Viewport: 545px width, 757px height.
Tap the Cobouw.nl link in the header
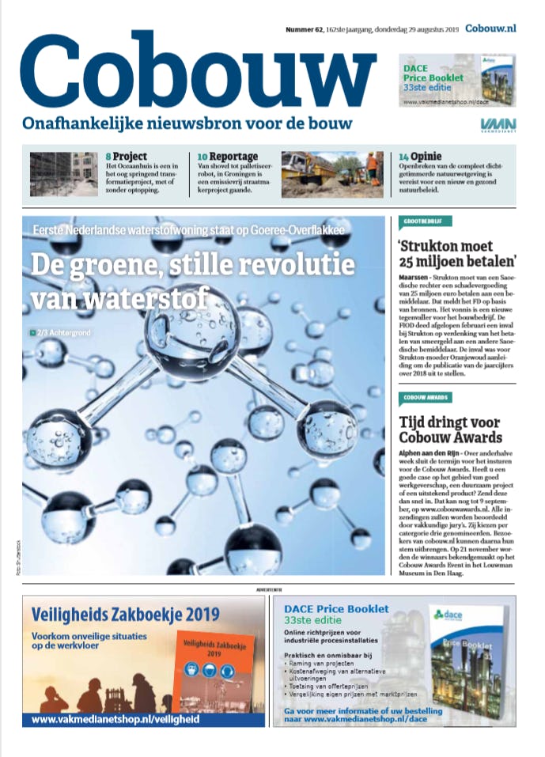click(x=491, y=28)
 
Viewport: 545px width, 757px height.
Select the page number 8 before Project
click(x=108, y=157)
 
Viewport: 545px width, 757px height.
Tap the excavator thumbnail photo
click(x=331, y=174)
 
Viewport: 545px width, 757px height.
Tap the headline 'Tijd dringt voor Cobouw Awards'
click(x=451, y=429)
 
